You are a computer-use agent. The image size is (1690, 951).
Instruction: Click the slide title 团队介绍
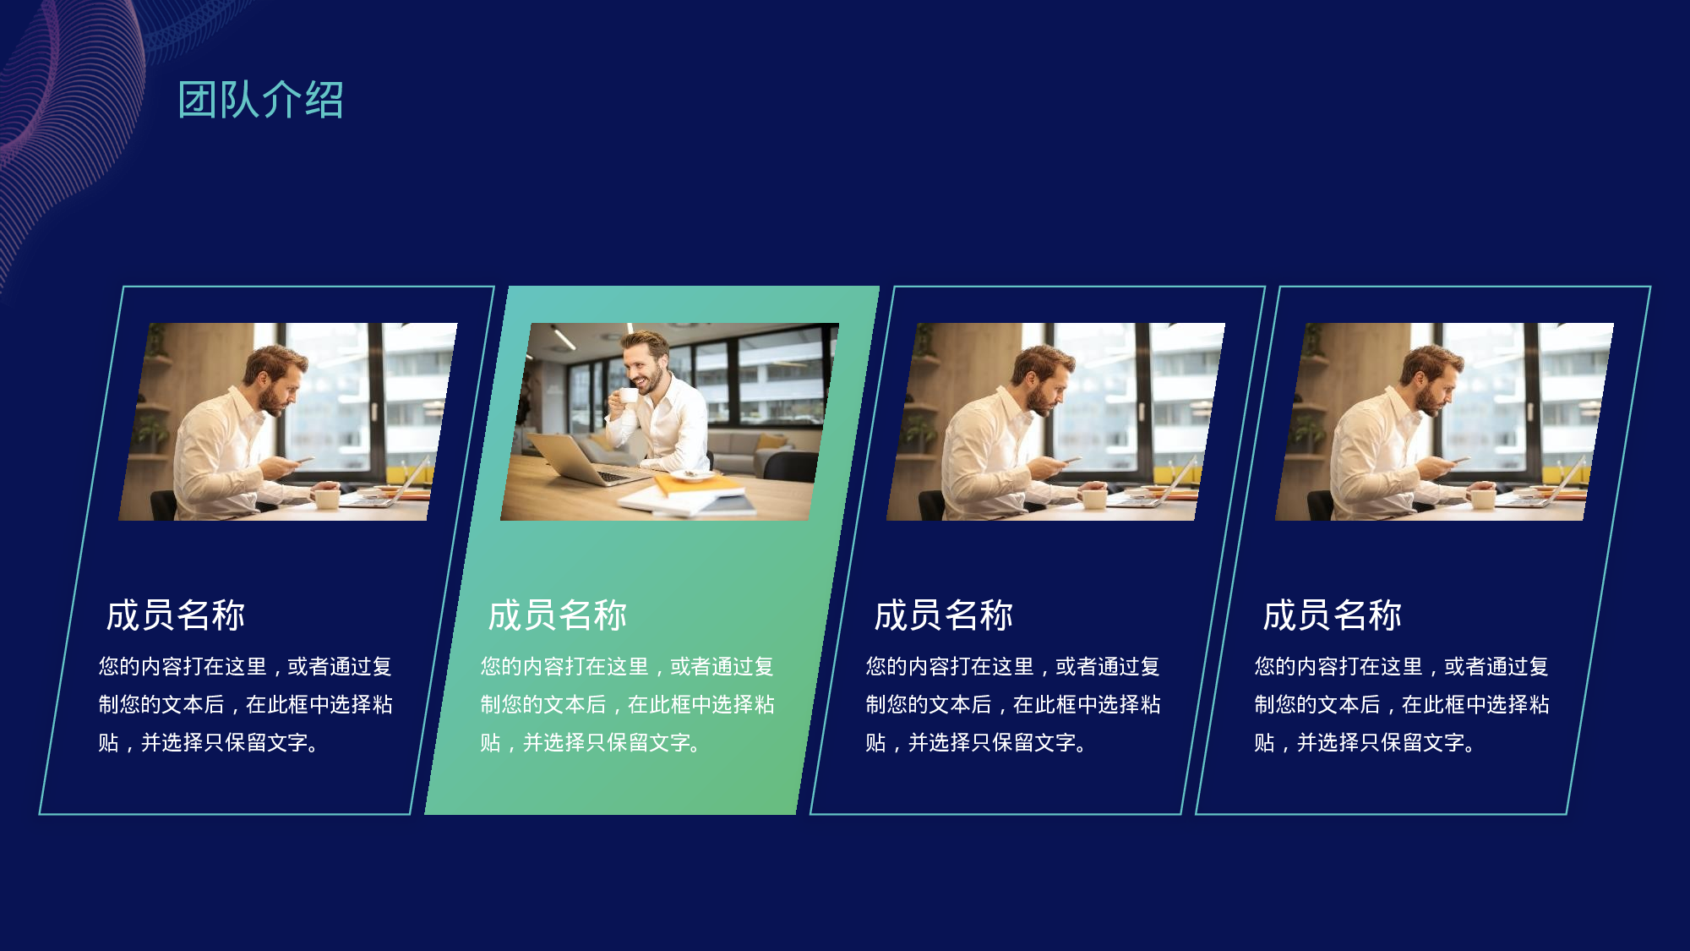click(x=260, y=100)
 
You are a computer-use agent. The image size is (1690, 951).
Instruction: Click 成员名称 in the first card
click(x=176, y=615)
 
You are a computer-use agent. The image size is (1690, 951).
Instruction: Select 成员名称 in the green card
click(x=558, y=615)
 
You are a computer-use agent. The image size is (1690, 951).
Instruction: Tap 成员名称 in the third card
click(x=943, y=615)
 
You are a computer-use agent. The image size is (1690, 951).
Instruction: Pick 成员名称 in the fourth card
click(x=1332, y=615)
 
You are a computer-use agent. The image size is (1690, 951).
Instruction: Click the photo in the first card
click(x=287, y=421)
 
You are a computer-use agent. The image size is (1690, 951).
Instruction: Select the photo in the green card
click(x=669, y=421)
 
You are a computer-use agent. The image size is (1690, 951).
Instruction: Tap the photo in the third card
click(x=1055, y=421)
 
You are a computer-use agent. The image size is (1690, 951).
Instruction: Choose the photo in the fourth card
click(x=1444, y=421)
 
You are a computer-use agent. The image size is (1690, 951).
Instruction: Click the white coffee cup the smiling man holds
click(x=628, y=396)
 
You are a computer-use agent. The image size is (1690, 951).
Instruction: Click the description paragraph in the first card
click(x=245, y=704)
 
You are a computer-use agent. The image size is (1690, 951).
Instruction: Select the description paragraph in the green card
click(x=627, y=704)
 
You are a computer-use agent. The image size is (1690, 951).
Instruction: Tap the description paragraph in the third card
click(x=1012, y=704)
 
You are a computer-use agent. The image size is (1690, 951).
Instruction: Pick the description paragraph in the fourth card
click(x=1401, y=704)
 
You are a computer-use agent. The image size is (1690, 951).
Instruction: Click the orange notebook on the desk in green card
click(x=698, y=484)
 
